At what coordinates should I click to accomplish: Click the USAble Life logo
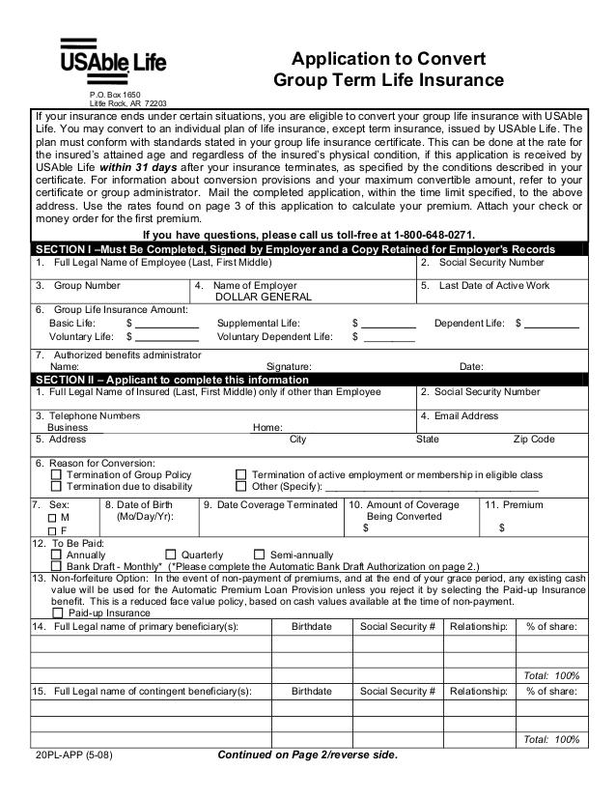[x=114, y=59]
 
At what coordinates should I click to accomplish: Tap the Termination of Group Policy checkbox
[x=56, y=474]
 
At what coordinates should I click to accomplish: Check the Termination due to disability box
[x=56, y=486]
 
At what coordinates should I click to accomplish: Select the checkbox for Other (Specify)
[x=241, y=486]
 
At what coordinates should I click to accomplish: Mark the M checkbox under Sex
[x=52, y=518]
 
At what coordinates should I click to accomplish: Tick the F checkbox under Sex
[x=52, y=530]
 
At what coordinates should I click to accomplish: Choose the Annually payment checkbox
[x=56, y=555]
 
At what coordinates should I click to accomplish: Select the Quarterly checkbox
[x=170, y=555]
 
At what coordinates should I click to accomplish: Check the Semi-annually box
[x=259, y=555]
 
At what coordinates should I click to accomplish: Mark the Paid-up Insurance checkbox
[x=59, y=612]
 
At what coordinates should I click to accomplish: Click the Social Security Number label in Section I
[x=491, y=262]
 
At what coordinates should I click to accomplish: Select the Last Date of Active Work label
[x=493, y=285]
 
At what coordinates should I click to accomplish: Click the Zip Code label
[x=534, y=439]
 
